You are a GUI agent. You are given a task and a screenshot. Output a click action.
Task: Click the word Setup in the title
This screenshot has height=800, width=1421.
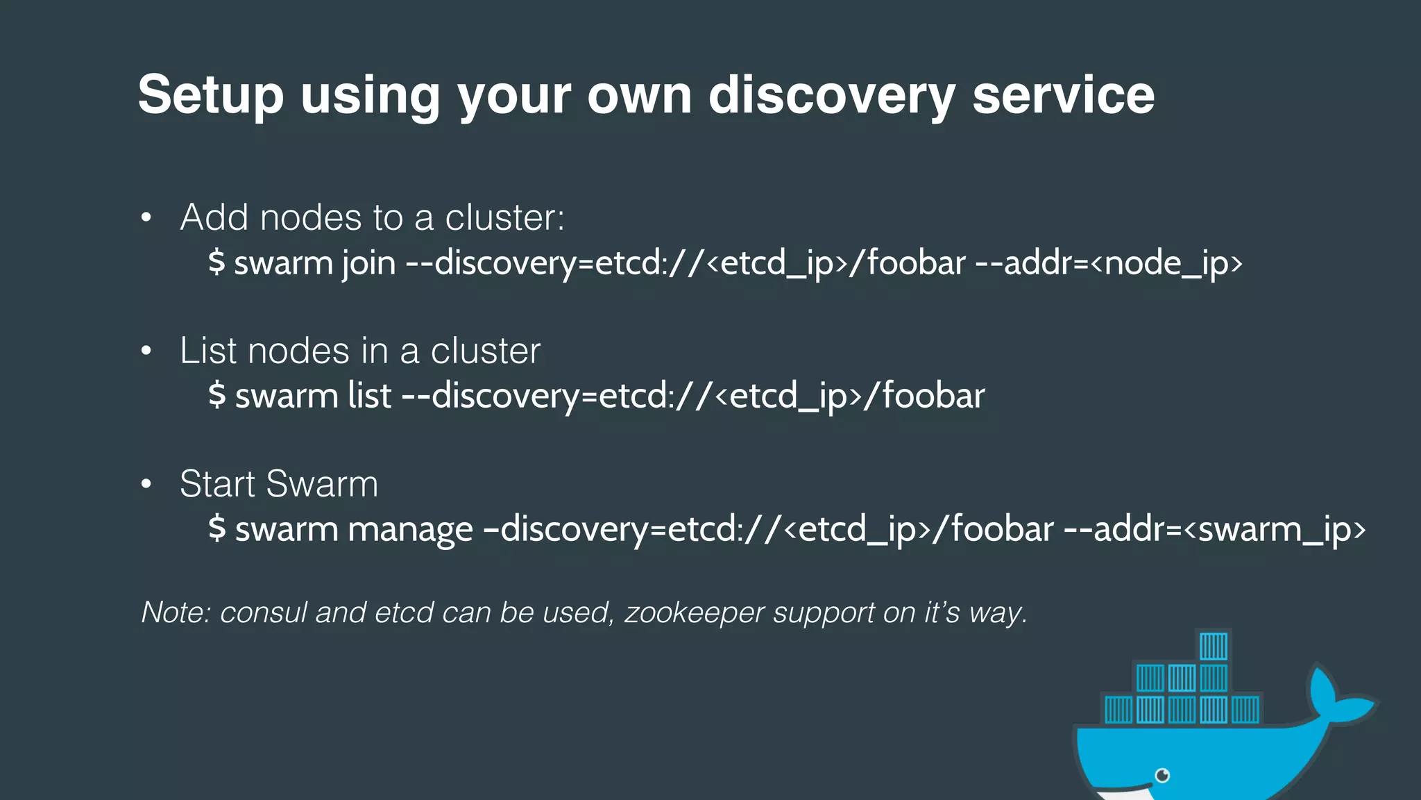[x=211, y=96]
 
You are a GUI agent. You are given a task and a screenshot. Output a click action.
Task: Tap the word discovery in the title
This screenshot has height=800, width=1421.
[x=831, y=96]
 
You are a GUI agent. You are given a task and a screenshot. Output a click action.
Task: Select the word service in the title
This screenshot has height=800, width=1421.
[x=1063, y=94]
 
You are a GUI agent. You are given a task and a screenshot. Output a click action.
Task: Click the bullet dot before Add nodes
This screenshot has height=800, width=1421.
[x=146, y=218]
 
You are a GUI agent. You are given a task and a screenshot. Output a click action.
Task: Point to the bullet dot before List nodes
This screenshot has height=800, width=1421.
[x=146, y=351]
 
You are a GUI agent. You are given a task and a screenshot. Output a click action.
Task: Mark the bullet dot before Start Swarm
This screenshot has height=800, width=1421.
[x=146, y=484]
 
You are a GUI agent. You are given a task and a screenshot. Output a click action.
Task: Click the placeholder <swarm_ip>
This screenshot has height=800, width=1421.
[x=1274, y=530]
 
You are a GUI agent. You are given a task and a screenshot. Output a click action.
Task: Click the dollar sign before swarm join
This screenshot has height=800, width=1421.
[x=216, y=262]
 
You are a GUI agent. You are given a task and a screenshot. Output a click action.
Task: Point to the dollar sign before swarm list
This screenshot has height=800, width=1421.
[x=216, y=395]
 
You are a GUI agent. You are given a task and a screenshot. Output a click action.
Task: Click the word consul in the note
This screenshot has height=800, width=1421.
[x=264, y=612]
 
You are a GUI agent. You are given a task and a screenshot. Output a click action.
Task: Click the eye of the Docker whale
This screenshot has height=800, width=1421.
[x=1163, y=775]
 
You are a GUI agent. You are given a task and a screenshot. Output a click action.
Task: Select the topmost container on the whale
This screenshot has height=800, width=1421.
[x=1214, y=647]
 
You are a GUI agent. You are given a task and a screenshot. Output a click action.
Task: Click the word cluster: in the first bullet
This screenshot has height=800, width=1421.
[x=504, y=218]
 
